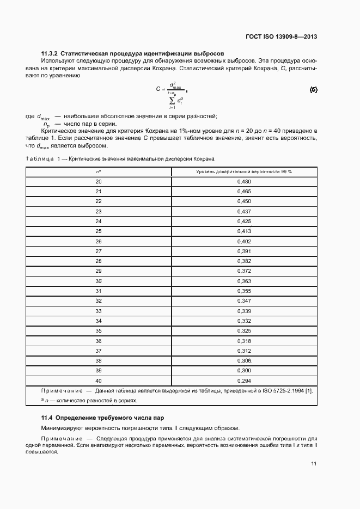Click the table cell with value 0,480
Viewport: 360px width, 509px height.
[x=243, y=181]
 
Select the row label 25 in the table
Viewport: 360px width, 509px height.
[x=99, y=231]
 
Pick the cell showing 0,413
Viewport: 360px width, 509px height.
[x=243, y=231]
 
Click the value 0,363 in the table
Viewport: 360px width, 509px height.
[x=243, y=281]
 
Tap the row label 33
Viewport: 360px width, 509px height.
[x=99, y=311]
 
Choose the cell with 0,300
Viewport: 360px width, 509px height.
[x=243, y=371]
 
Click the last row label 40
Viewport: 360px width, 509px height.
[x=99, y=381]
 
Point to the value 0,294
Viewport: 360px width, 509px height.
[x=243, y=381]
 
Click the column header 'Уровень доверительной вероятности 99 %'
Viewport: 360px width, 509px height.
[x=243, y=171]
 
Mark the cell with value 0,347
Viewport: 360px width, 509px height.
[x=243, y=301]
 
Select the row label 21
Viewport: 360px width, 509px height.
[x=99, y=191]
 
